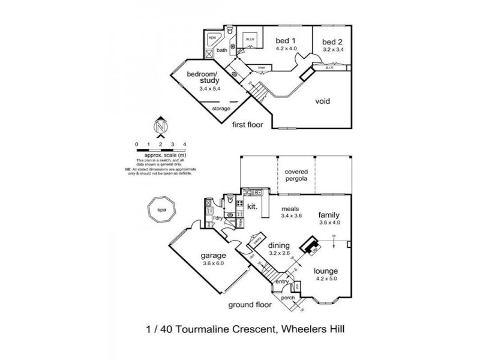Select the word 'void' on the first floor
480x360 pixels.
pyautogui.click(x=323, y=101)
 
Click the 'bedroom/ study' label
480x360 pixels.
pyautogui.click(x=202, y=77)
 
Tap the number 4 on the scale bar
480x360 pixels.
pyautogui.click(x=185, y=145)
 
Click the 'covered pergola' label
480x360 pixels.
pyautogui.click(x=296, y=175)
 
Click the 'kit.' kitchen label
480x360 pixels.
pyautogui.click(x=253, y=207)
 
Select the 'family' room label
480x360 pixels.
pyautogui.click(x=329, y=214)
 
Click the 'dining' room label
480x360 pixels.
pyautogui.click(x=280, y=245)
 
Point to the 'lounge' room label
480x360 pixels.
pyautogui.click(x=326, y=271)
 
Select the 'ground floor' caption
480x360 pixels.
pyautogui.click(x=250, y=305)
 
